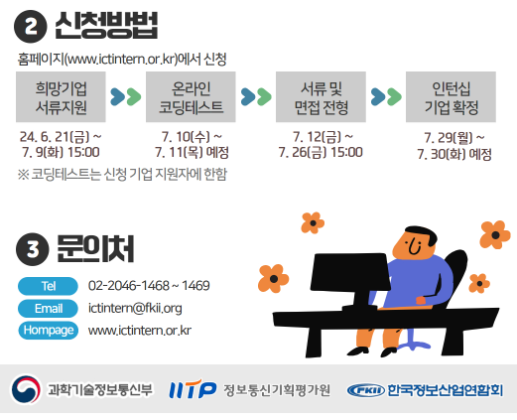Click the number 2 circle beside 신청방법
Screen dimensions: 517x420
coord(30,26)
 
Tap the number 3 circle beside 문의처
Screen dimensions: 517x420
coord(33,249)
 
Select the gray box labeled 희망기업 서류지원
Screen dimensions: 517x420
coord(61,97)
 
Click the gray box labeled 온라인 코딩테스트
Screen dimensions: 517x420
coord(191,97)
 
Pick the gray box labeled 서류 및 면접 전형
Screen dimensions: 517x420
coord(321,97)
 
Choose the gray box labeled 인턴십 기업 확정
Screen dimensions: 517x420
coord(451,97)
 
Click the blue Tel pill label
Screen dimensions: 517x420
coord(48,286)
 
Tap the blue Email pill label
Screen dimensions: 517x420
coord(48,309)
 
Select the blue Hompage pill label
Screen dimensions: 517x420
coord(48,331)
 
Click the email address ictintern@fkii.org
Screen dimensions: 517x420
coord(135,309)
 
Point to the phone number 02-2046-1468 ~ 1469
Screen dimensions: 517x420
coord(149,286)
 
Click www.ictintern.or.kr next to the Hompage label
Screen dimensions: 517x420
coord(140,331)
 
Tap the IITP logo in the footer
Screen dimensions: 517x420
coord(193,389)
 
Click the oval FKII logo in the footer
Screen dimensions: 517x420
coord(366,390)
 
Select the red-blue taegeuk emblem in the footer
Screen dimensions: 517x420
coord(26,389)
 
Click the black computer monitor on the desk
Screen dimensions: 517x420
coord(350,281)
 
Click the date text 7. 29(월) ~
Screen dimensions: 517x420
coord(454,138)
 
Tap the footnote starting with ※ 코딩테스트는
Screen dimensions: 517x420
coord(122,174)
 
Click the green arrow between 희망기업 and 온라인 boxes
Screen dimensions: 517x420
coord(134,96)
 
